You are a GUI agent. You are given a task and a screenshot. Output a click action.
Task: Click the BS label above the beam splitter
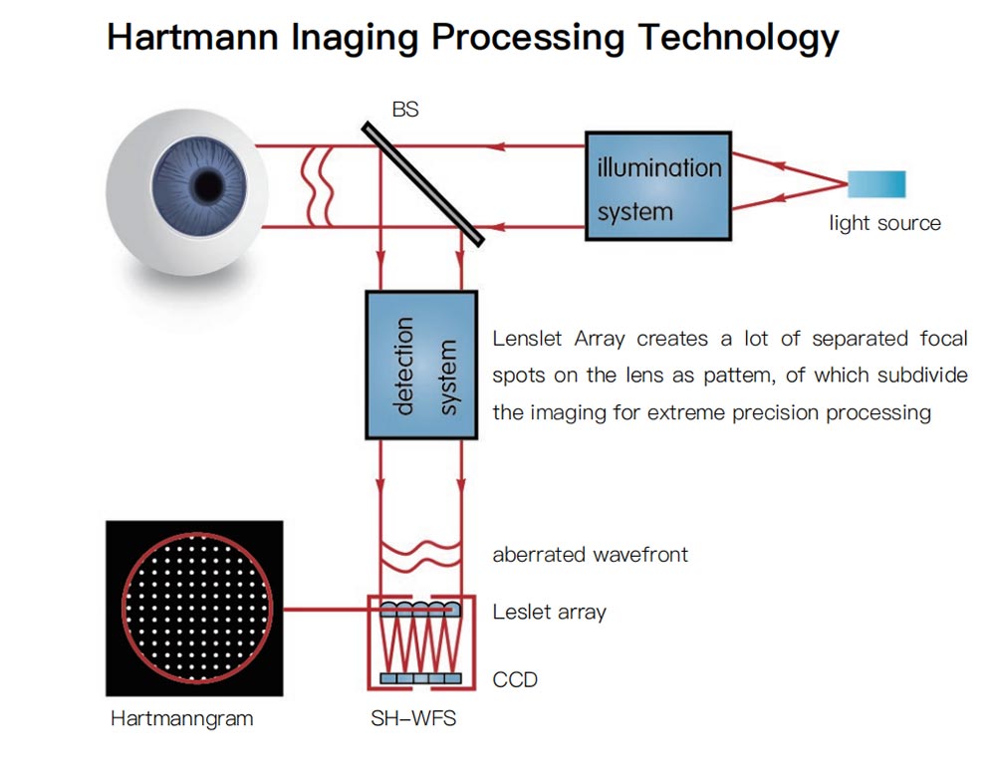coord(405,110)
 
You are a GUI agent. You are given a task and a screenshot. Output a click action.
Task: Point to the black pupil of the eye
coord(208,184)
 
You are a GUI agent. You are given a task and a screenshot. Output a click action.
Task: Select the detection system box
coord(421,366)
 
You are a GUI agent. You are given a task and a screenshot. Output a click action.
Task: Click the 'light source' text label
coord(884,223)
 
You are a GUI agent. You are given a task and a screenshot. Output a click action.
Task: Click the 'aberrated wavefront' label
coord(590,555)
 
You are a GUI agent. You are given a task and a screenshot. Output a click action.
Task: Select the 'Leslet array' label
coord(549,613)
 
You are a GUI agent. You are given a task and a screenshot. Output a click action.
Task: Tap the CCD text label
coord(515,680)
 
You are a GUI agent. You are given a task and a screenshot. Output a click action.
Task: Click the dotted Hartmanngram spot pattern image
coord(194,608)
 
